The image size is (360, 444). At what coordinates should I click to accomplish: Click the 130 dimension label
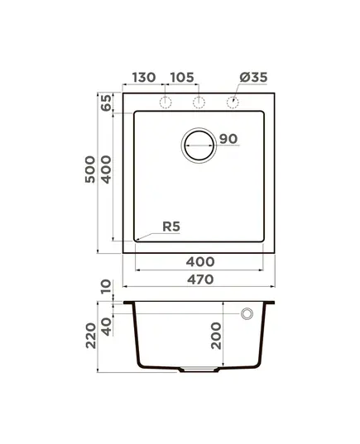pyautogui.click(x=144, y=77)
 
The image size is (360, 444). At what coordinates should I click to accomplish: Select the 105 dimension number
pyautogui.click(x=182, y=77)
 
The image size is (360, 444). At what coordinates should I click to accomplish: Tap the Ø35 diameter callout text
pyautogui.click(x=253, y=77)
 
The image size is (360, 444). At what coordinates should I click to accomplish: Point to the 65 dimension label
pyautogui.click(x=107, y=103)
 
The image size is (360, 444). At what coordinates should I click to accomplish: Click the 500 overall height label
pyautogui.click(x=90, y=169)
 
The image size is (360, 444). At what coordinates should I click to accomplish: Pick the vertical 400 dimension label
pyautogui.click(x=107, y=169)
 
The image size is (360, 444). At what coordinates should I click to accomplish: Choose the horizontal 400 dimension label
pyautogui.click(x=200, y=262)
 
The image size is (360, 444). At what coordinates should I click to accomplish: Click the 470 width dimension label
pyautogui.click(x=200, y=279)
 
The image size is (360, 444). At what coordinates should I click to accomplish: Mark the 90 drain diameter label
pyautogui.click(x=228, y=139)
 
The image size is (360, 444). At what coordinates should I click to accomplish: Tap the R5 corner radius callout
pyautogui.click(x=171, y=227)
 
